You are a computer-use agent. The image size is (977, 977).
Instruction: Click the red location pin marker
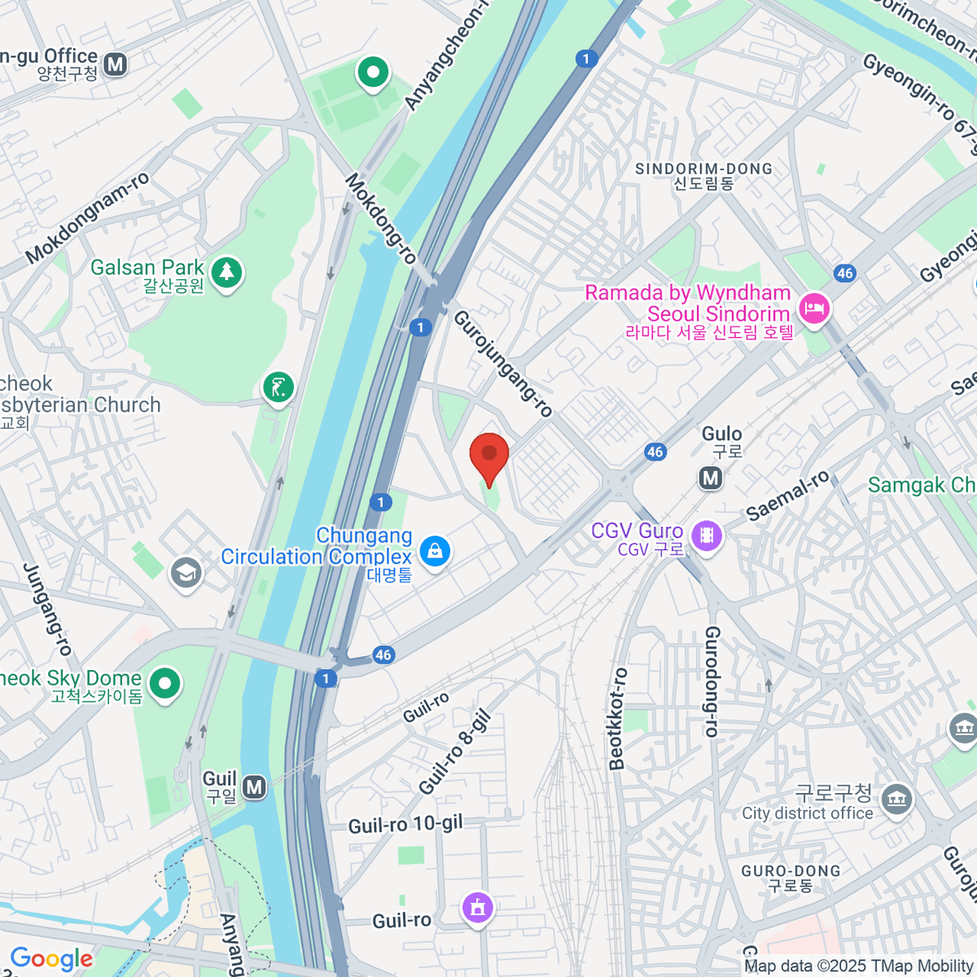click(489, 456)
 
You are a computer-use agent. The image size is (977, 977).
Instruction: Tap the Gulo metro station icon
click(711, 479)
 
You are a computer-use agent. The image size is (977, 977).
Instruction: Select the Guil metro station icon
click(255, 787)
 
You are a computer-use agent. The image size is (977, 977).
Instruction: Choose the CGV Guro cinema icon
click(706, 535)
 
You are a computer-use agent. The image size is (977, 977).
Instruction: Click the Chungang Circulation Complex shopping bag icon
click(436, 552)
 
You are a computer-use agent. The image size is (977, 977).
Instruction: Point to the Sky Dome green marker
click(165, 684)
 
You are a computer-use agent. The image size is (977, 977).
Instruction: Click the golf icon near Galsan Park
click(278, 388)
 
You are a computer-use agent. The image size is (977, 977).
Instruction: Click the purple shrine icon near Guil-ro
click(477, 906)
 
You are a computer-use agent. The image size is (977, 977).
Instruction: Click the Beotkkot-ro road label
click(618, 719)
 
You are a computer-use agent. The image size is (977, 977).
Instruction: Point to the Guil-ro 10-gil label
click(405, 825)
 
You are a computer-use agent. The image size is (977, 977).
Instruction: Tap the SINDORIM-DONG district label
click(703, 169)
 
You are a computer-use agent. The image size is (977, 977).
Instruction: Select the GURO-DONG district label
click(791, 870)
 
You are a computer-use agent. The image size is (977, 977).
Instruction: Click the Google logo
click(51, 959)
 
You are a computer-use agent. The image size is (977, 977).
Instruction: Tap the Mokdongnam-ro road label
click(87, 218)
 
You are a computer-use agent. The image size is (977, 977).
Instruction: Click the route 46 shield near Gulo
click(655, 452)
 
